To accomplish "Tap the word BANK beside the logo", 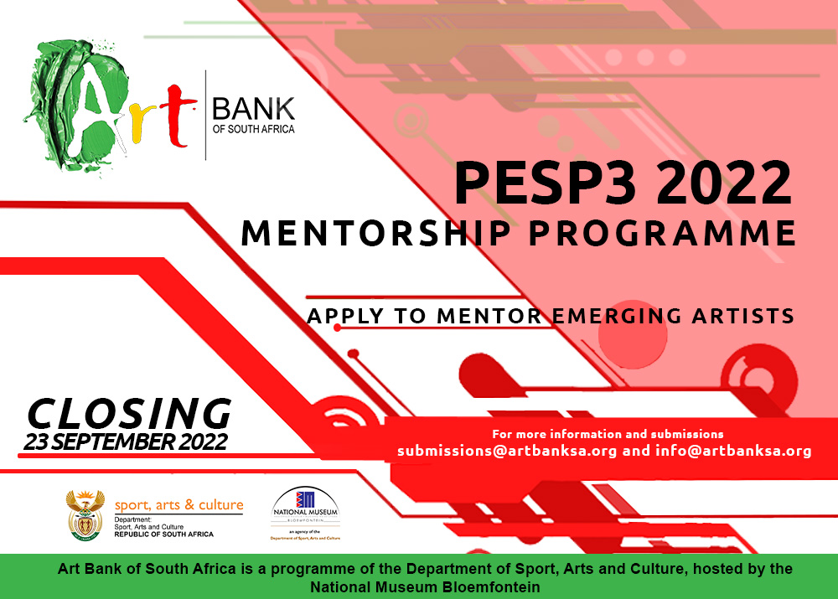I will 254,109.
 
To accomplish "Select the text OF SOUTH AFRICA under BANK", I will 254,129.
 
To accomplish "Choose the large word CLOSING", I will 129,413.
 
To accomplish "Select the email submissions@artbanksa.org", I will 507,451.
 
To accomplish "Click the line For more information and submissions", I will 608,434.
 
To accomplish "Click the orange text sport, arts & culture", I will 178,505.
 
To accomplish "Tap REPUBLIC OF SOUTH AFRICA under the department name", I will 163,534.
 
